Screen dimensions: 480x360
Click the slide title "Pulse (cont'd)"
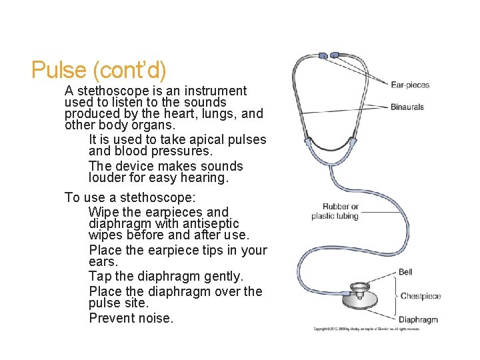[98, 70]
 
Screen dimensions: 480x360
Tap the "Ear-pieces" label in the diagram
[410, 85]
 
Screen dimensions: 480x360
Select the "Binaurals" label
[407, 107]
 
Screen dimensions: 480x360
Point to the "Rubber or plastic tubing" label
[335, 211]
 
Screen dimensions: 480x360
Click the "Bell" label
[405, 272]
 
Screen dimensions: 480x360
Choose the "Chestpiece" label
[421, 296]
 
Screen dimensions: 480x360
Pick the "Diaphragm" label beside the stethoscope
[418, 319]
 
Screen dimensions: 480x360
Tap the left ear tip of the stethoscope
[323, 55]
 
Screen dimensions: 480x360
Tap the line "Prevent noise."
[131, 318]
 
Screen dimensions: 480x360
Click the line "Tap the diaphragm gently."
[166, 276]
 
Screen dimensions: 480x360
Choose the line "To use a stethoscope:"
[130, 197]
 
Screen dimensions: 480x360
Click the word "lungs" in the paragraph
[217, 114]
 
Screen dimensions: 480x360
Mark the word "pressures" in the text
[174, 151]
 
